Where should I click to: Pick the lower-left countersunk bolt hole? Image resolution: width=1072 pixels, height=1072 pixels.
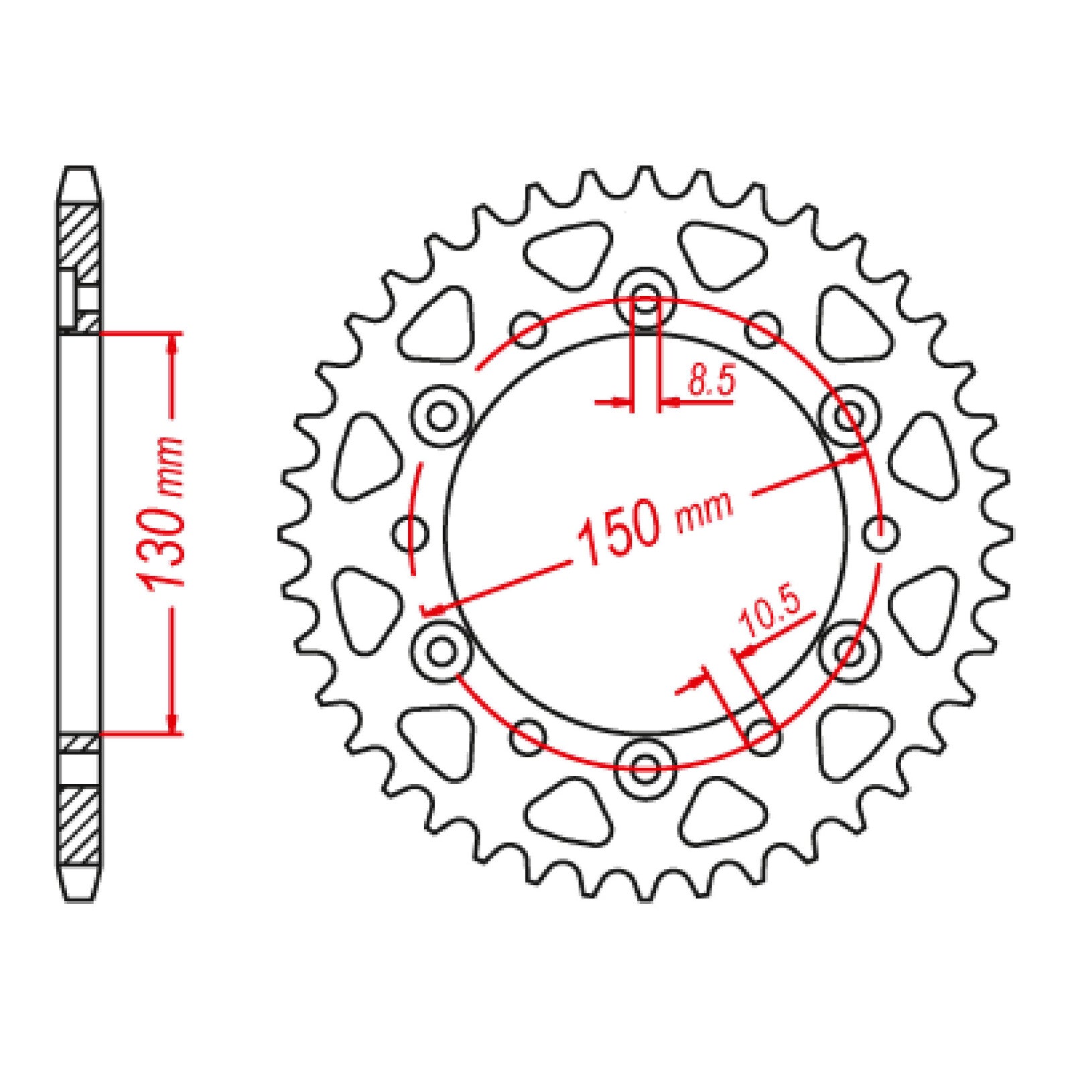tap(441, 650)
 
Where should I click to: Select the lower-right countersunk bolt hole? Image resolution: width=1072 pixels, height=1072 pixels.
tap(849, 650)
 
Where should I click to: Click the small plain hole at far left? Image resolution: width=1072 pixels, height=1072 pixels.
tap(409, 534)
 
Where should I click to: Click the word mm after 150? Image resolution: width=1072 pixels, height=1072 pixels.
tap(704, 512)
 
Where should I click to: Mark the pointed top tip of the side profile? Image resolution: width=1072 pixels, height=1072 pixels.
tap(79, 170)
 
